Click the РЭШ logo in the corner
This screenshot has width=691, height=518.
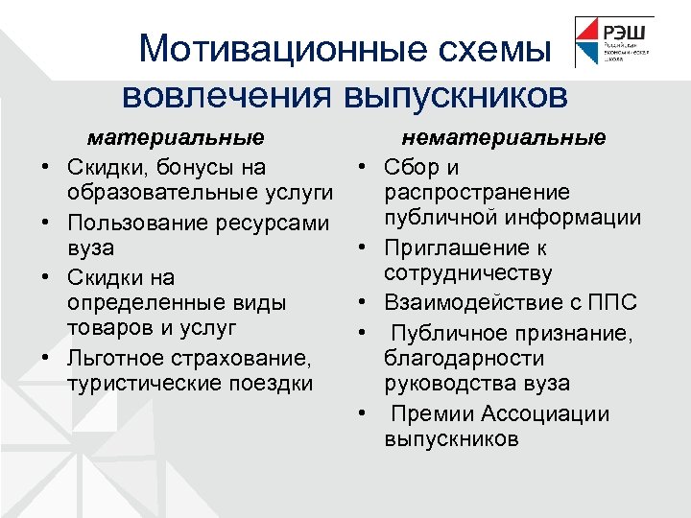point(613,42)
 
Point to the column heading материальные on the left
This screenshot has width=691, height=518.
point(176,138)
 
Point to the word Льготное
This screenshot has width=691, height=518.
point(116,359)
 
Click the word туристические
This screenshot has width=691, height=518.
point(147,384)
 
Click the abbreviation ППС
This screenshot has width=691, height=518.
point(613,303)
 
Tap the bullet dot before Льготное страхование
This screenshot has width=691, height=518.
point(45,361)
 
